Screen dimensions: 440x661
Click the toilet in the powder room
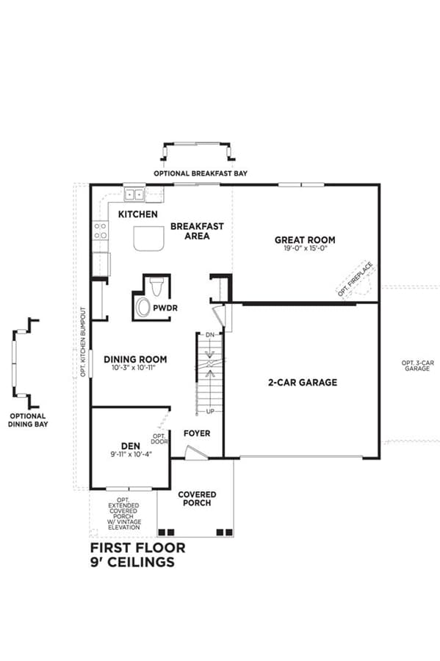click(x=156, y=286)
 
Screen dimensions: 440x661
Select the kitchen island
click(x=149, y=239)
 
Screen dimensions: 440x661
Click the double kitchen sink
click(x=134, y=195)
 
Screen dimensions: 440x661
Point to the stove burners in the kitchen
click(x=101, y=231)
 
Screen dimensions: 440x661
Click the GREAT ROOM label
click(x=305, y=240)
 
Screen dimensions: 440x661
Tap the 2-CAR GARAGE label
click(x=303, y=383)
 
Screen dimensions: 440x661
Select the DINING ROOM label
click(x=135, y=359)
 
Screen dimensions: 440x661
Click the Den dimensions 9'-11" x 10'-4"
click(x=131, y=455)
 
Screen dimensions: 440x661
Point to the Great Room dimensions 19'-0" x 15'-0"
click(x=306, y=249)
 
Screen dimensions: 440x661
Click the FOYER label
click(x=197, y=433)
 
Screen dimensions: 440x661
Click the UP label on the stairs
click(x=210, y=411)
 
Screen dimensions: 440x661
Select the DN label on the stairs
click(x=210, y=335)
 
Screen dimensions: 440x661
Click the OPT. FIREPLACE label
click(x=355, y=278)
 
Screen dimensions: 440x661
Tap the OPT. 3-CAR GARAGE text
click(x=417, y=366)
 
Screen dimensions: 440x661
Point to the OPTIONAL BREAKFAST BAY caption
click(x=201, y=173)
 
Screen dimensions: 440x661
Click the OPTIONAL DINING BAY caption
click(x=28, y=420)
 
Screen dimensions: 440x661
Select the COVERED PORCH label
click(x=197, y=498)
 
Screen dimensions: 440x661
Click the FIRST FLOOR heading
click(x=138, y=548)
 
